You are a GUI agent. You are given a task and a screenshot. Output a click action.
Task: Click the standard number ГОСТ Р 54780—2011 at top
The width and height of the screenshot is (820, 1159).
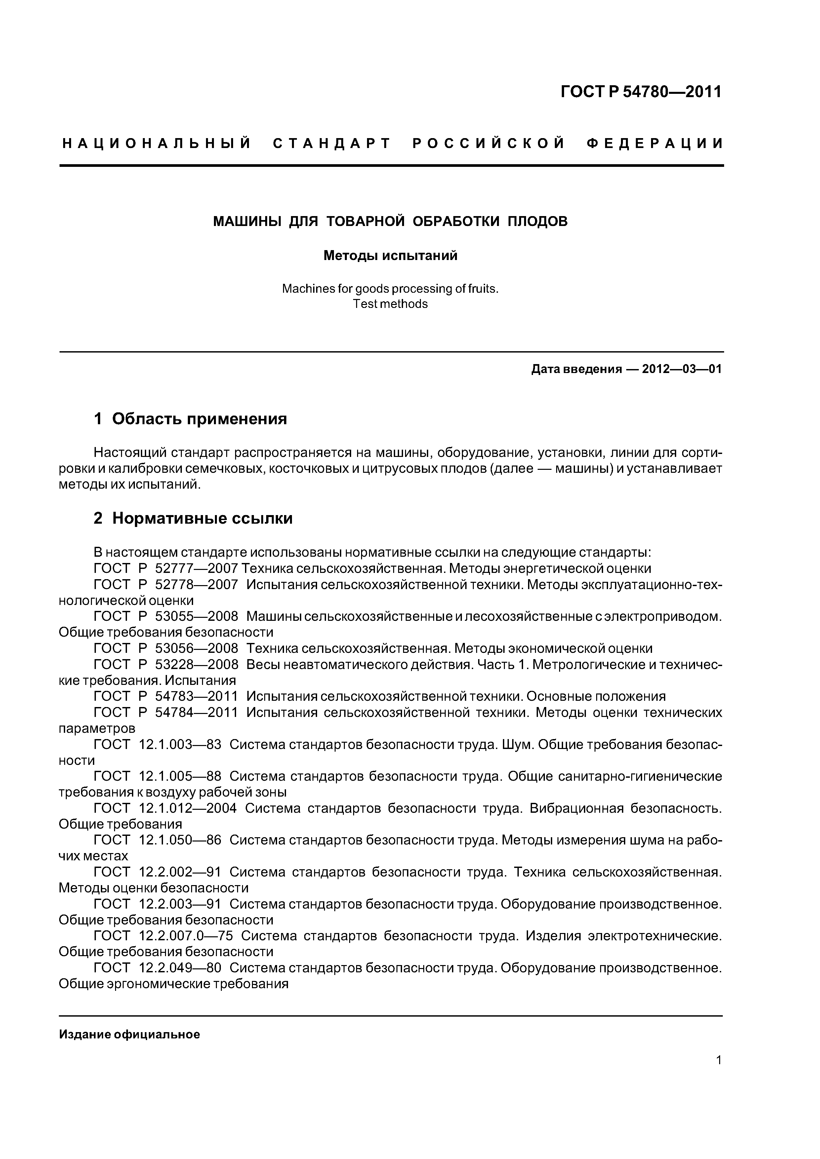[641, 92]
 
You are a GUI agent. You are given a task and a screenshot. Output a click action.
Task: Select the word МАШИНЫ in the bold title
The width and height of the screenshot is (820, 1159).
[247, 222]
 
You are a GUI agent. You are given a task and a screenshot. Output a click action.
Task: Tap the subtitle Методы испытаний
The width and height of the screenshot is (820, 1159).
[390, 256]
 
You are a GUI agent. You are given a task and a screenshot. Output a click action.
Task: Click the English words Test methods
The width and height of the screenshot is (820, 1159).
[390, 304]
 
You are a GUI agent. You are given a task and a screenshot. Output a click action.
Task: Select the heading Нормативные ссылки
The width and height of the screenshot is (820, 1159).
[202, 518]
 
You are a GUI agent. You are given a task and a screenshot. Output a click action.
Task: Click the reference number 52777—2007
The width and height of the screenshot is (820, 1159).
[196, 568]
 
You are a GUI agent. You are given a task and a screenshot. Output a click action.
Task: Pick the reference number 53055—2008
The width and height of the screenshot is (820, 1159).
[196, 617]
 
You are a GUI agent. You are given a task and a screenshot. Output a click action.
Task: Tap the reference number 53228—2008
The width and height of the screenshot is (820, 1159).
[196, 664]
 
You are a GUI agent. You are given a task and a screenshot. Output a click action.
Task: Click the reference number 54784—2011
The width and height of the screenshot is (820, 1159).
[196, 712]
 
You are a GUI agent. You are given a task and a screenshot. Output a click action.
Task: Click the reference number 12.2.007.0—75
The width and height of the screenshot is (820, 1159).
[185, 936]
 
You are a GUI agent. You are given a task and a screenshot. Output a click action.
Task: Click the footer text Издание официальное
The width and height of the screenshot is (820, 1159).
[129, 1035]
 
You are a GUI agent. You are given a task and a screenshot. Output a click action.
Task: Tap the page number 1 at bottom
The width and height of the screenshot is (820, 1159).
[718, 1074]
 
